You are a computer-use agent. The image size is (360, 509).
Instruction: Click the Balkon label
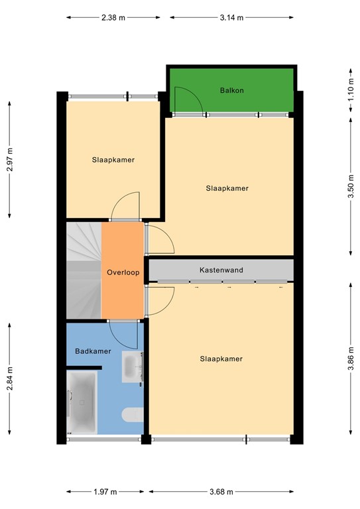pyautogui.click(x=230, y=89)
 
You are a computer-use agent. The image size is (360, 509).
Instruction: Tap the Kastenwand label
pyautogui.click(x=221, y=270)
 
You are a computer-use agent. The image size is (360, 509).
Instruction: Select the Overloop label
pyautogui.click(x=123, y=272)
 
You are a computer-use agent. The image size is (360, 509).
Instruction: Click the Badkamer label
pyautogui.click(x=93, y=351)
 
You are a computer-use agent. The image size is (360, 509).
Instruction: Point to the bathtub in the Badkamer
pyautogui.click(x=82, y=401)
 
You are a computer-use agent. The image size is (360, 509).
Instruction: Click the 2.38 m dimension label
pyautogui.click(x=113, y=18)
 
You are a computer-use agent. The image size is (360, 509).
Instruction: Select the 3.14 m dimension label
pyautogui.click(x=231, y=18)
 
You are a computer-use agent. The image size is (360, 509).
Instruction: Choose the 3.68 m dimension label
pyautogui.click(x=222, y=492)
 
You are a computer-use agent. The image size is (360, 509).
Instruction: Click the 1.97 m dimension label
pyautogui.click(x=105, y=492)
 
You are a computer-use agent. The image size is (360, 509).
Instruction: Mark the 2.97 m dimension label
pyautogui.click(x=9, y=159)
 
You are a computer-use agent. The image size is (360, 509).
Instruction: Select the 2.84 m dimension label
pyautogui.click(x=9, y=379)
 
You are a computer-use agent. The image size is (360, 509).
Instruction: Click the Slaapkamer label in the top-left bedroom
pyautogui.click(x=113, y=160)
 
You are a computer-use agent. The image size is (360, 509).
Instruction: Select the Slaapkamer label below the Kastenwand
pyautogui.click(x=221, y=359)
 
